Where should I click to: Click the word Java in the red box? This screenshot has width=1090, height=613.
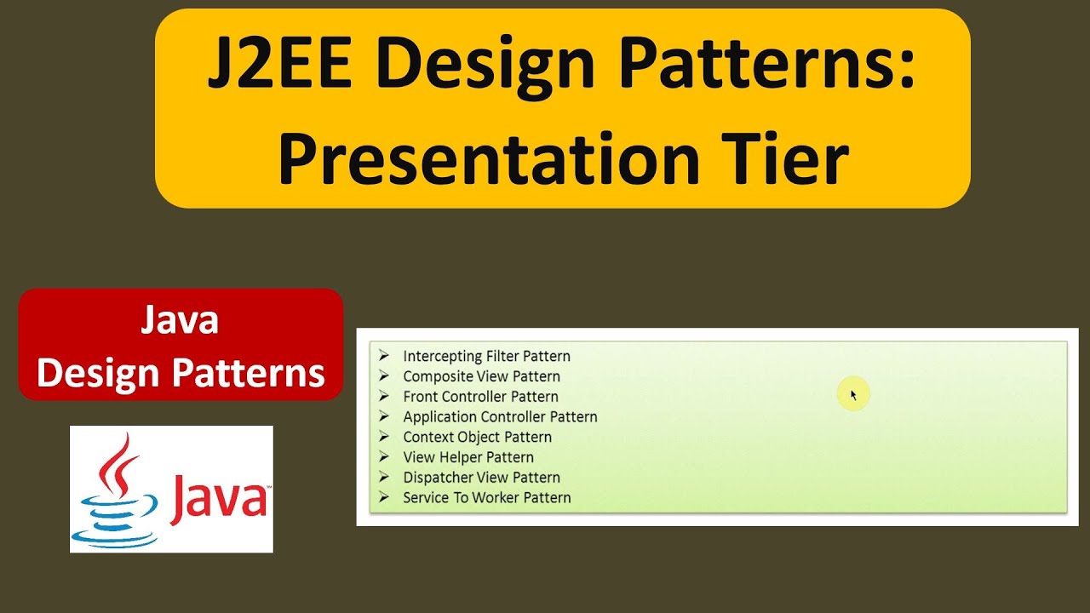pyautogui.click(x=180, y=321)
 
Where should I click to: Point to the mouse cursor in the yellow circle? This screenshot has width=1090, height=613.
pyautogui.click(x=853, y=395)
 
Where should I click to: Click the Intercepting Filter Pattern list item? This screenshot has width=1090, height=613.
pyautogui.click(x=486, y=356)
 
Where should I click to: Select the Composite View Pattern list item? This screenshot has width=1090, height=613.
pyautogui.click(x=481, y=376)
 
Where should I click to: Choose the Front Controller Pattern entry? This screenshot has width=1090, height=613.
pyautogui.click(x=480, y=397)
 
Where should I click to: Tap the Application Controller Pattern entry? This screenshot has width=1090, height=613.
pyautogui.click(x=500, y=417)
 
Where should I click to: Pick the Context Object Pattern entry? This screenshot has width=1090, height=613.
pyautogui.click(x=477, y=437)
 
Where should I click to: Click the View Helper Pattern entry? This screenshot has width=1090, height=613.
pyautogui.click(x=468, y=457)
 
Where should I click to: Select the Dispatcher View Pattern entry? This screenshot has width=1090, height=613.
pyautogui.click(x=481, y=478)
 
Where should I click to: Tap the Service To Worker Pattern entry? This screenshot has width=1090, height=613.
pyautogui.click(x=486, y=498)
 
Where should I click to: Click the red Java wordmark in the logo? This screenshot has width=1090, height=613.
pyautogui.click(x=218, y=501)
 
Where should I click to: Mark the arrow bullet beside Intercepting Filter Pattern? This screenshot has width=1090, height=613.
pyautogui.click(x=384, y=356)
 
